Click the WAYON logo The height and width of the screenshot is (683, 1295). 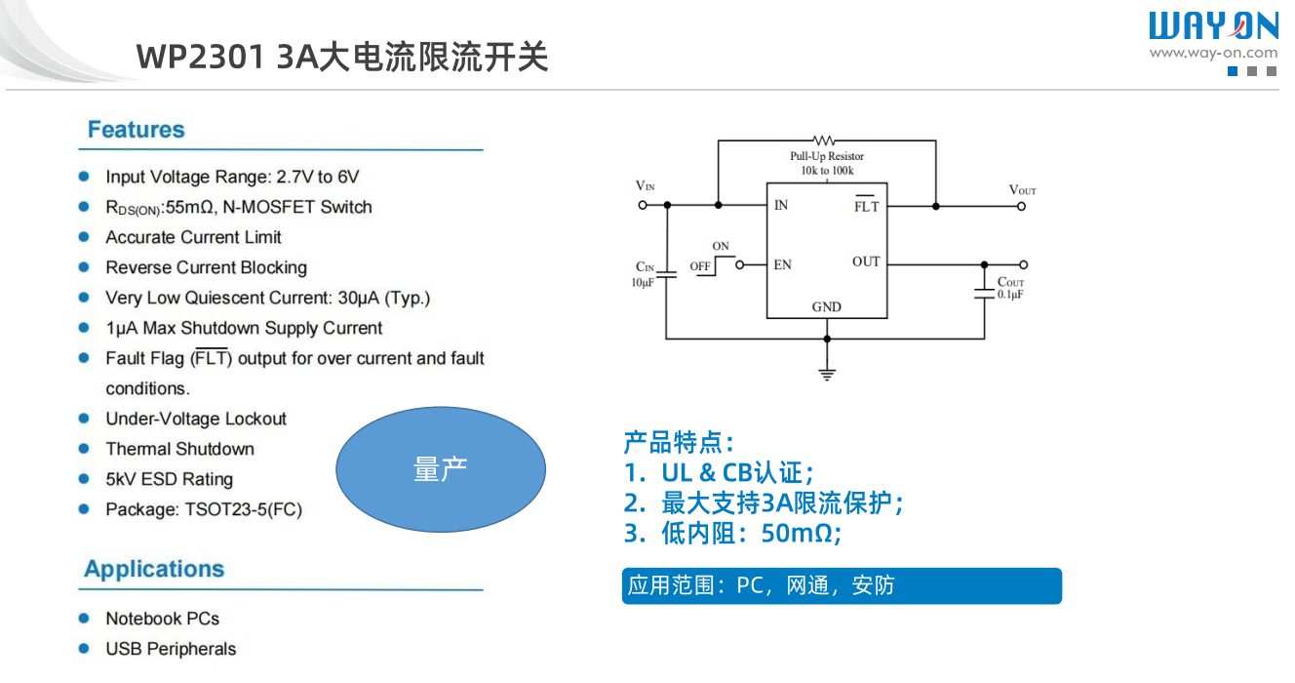1212,26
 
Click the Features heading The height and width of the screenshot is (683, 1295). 136,130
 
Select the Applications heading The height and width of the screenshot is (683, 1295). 154,569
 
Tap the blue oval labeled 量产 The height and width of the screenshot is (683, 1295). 441,469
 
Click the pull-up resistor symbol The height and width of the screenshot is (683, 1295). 826,141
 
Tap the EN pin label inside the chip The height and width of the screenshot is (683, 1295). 782,264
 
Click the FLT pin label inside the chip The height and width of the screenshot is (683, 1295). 866,206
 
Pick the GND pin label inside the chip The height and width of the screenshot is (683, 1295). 826,306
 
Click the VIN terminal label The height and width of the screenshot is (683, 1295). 645,185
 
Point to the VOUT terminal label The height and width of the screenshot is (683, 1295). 1022,189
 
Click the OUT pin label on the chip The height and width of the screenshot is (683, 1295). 865,261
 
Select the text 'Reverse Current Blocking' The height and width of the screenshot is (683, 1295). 206,267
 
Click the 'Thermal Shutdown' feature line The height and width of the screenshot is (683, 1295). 179,449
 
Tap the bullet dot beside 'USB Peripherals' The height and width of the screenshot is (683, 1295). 85,649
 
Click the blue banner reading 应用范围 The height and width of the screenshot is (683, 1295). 841,585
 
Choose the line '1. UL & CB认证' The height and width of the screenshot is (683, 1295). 719,473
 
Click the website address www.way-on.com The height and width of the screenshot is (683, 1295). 1212,53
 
